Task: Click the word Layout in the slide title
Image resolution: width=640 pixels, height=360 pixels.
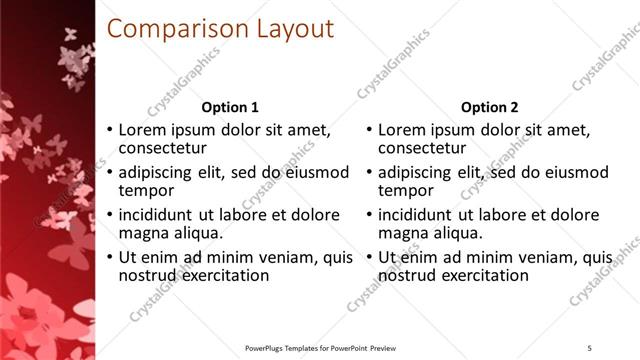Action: (x=291, y=29)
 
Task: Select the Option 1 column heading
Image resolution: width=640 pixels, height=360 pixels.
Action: (x=230, y=107)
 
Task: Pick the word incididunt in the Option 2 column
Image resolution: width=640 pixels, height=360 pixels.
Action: (x=417, y=215)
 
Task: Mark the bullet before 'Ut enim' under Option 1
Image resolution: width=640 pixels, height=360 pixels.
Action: (x=110, y=258)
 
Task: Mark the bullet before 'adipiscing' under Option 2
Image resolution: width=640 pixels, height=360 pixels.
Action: (x=369, y=173)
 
